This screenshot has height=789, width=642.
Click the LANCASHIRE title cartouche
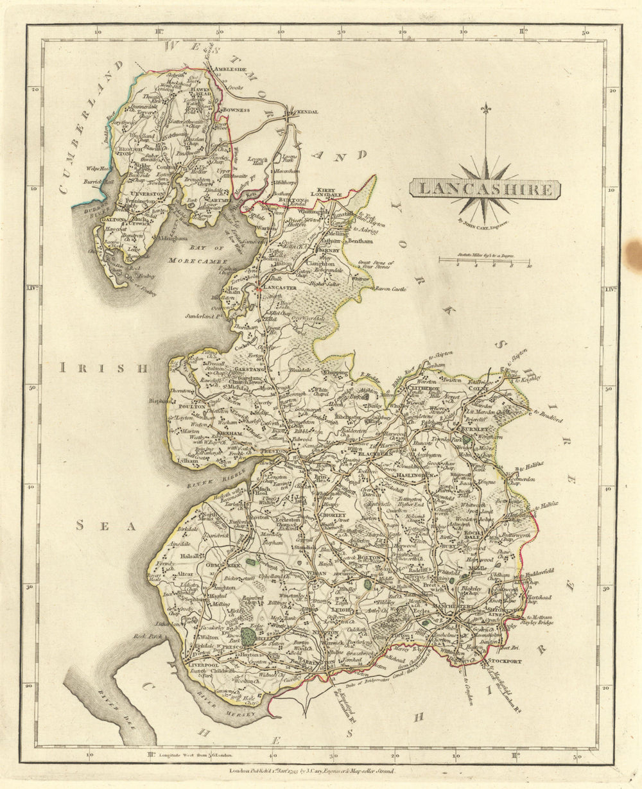coord(485,189)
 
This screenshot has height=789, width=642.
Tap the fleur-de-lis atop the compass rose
coord(486,110)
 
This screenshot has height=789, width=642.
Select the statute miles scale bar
coord(485,261)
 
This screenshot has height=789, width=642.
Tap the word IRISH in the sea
coord(103,368)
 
